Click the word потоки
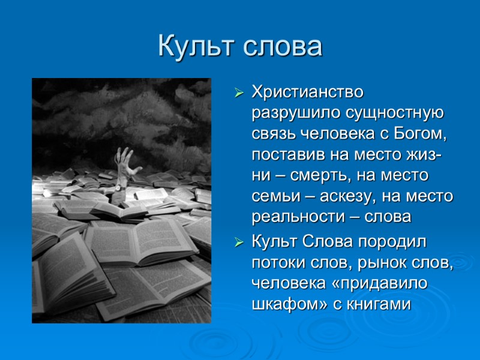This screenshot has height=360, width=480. coord(274,263)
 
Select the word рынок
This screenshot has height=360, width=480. coord(369,263)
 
